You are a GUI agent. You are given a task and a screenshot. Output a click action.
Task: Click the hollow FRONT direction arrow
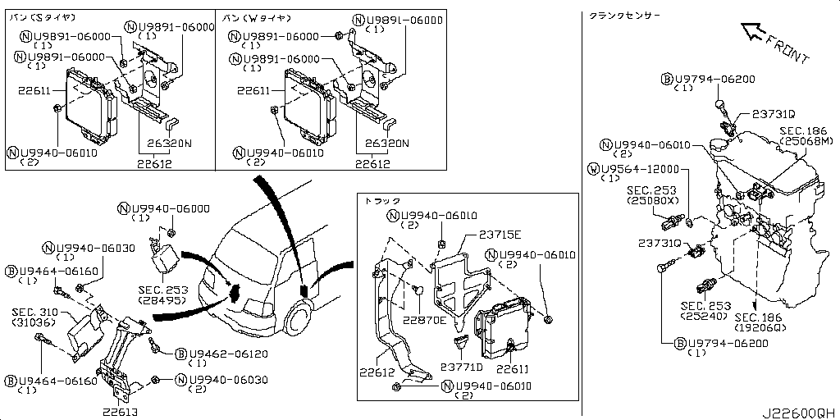[756, 34]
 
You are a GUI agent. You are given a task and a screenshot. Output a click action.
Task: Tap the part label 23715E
[483, 234]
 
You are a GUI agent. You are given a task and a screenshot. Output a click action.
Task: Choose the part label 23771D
[462, 367]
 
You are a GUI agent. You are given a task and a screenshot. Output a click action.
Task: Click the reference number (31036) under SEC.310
[34, 322]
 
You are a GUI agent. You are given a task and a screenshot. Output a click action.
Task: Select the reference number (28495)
[163, 300]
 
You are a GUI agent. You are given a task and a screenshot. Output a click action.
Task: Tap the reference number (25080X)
[652, 200]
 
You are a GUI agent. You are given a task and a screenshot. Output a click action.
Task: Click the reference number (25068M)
[803, 141]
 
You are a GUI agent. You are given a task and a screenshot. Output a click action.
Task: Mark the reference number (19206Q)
[760, 327]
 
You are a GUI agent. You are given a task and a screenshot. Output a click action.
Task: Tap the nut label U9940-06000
[169, 208]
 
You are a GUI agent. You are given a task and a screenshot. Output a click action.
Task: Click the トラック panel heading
[381, 200]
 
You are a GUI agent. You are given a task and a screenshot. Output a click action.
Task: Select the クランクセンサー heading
[624, 16]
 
